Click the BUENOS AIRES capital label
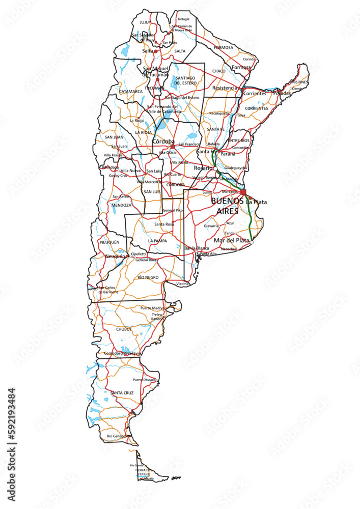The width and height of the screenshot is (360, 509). pyautogui.click(x=227, y=206)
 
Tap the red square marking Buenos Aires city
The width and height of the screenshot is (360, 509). pyautogui.click(x=243, y=192)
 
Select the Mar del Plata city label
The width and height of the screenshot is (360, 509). pyautogui.click(x=232, y=240)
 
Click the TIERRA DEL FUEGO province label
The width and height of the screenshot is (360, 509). pyautogui.click(x=144, y=472)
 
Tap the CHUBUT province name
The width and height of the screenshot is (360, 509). pyautogui.click(x=124, y=329)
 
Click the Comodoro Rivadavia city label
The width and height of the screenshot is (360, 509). pyautogui.click(x=122, y=353)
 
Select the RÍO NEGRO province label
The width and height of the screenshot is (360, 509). pyautogui.click(x=148, y=277)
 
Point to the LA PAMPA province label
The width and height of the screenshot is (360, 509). pyautogui.click(x=157, y=240)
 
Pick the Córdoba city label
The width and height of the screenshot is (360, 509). pyautogui.click(x=163, y=142)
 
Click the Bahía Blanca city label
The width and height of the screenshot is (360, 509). pyautogui.click(x=197, y=248)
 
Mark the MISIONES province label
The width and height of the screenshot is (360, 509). pyautogui.click(x=299, y=82)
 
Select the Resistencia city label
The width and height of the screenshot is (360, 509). pyautogui.click(x=225, y=88)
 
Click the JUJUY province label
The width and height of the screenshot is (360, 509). pyautogui.click(x=145, y=22)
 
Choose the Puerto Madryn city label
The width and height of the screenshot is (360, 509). pyautogui.click(x=153, y=308)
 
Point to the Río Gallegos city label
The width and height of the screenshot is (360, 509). pyautogui.click(x=117, y=436)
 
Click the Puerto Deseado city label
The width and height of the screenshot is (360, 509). pyautogui.click(x=144, y=380)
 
